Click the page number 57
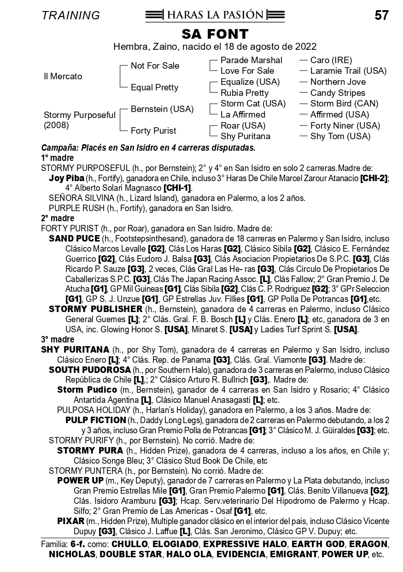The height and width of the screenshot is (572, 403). [x=381, y=15]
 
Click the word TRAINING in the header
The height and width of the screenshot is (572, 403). [x=70, y=16]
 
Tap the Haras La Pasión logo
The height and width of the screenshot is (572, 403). [x=215, y=15]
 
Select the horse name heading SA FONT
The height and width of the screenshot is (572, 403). [x=215, y=34]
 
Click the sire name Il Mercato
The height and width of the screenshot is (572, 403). [x=63, y=77]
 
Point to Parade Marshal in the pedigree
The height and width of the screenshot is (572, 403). [x=251, y=60]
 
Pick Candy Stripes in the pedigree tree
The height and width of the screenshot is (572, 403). [x=338, y=93]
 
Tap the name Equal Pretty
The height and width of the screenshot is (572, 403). [x=154, y=88]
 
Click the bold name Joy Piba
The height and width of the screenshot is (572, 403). [x=66, y=178]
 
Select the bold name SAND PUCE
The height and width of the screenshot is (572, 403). [x=74, y=238]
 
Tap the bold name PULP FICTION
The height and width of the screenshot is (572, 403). [x=95, y=420]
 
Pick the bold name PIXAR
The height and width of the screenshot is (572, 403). [x=70, y=521]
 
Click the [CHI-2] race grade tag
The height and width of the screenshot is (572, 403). [x=374, y=178]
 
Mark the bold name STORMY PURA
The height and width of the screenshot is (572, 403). [x=90, y=450]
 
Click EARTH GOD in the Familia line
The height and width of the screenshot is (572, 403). [x=313, y=544]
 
